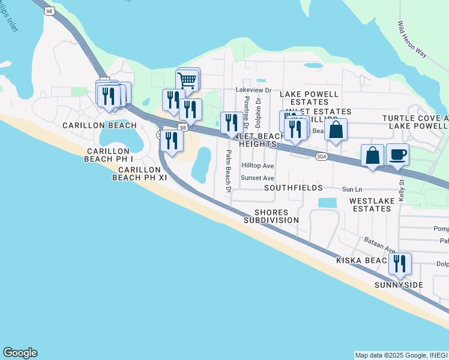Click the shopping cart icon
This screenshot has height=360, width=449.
coord(187,79)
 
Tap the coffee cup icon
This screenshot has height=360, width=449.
coord(397,154)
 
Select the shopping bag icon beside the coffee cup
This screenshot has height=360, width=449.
coord(373,155)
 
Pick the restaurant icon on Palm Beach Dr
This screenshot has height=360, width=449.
coord(232,122)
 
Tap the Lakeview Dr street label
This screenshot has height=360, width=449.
coord(253,90)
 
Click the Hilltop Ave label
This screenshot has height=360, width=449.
coord(257,166)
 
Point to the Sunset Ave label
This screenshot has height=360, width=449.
coord(257,178)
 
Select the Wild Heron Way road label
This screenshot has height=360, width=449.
coord(411,40)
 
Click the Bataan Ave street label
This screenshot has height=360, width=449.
coord(379,244)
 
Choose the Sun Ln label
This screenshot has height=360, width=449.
coord(353,189)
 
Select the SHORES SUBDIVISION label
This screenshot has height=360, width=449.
coord(271,217)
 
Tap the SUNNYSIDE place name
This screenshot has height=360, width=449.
coord(399,284)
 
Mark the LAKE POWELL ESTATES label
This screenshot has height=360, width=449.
coord(309,98)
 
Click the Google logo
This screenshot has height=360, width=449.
coord(20,353)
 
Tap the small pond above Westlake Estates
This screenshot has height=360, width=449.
coord(328,203)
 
